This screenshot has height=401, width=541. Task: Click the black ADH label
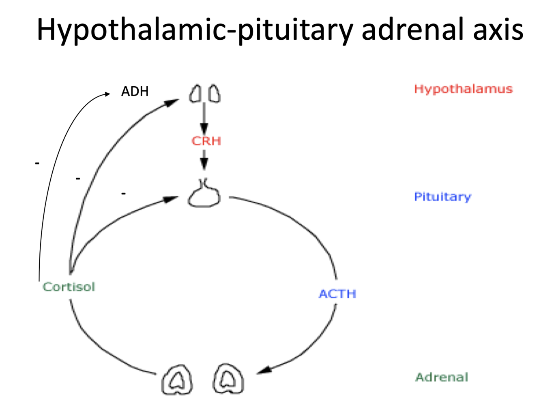(135, 92)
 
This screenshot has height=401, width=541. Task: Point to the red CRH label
(206, 141)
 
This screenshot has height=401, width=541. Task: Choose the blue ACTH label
(337, 294)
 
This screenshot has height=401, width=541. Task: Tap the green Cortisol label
(69, 287)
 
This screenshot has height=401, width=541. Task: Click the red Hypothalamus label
(463, 89)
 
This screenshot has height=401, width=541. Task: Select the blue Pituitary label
(442, 197)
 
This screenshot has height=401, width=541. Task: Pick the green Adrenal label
(441, 377)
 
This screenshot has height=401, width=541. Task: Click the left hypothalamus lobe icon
(195, 94)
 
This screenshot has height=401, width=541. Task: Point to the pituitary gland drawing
(204, 195)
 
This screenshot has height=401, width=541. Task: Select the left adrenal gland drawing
(177, 380)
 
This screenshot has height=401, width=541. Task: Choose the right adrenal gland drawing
(229, 379)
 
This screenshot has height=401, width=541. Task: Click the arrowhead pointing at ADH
(107, 94)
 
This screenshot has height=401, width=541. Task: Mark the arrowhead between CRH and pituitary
(204, 164)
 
